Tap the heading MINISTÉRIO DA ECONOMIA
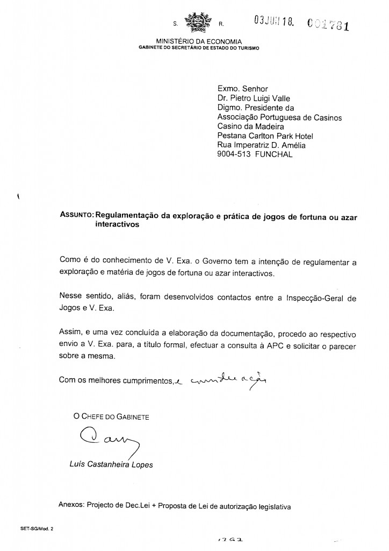pyautogui.click(x=199, y=41)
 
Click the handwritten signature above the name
pyautogui.click(x=105, y=440)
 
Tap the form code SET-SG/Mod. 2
pyautogui.click(x=30, y=529)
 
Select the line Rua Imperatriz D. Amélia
pyautogui.click(x=262, y=145)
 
